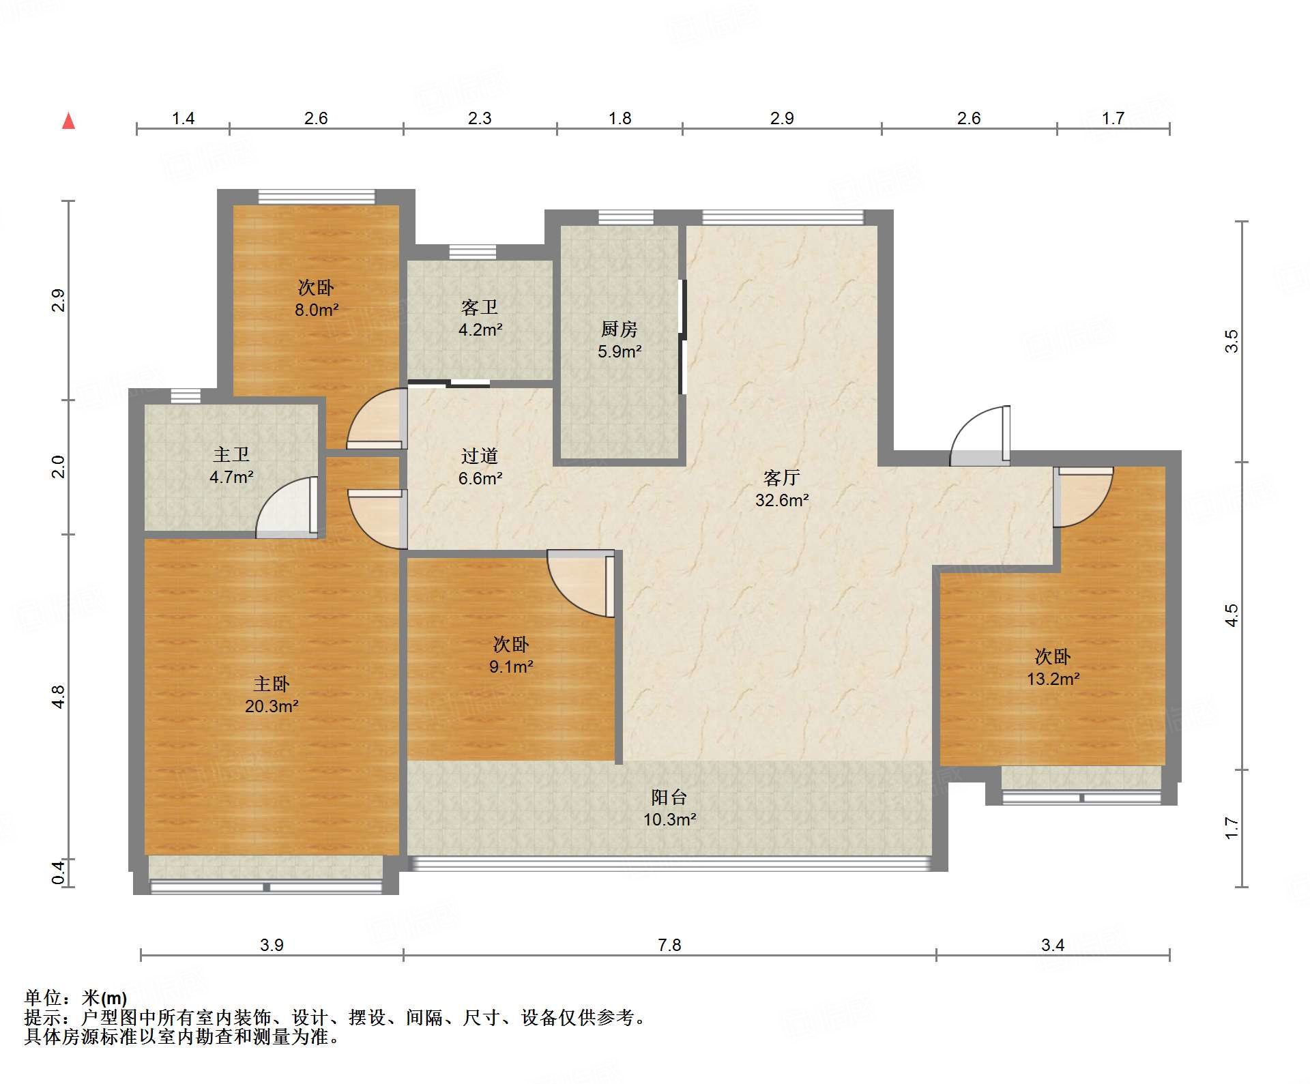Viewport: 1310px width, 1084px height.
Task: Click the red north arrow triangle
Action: coord(68,121)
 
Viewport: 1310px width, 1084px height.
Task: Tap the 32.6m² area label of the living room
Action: coord(782,500)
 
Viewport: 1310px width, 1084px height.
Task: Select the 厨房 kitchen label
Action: coord(619,329)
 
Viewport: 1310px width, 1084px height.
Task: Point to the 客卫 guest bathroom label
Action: coord(480,308)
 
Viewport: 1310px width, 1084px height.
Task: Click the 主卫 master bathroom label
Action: coord(231,454)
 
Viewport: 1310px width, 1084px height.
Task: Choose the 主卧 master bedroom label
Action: coord(272,684)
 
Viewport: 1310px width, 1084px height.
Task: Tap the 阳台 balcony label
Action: coord(669,797)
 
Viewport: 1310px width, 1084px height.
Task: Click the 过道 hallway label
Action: coord(480,456)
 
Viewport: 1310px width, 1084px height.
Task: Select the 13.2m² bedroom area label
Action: coord(1053,679)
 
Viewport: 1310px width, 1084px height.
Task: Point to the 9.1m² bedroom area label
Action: coord(511,666)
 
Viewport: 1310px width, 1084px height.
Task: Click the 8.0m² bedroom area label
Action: coord(317,310)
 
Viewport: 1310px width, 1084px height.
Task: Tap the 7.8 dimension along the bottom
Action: coord(669,945)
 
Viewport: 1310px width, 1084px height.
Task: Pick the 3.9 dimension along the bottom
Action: coord(272,945)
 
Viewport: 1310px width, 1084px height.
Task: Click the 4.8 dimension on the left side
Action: coord(58,697)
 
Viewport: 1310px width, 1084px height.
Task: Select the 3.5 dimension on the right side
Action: coord(1231,341)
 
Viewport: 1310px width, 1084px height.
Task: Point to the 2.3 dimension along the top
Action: coord(480,118)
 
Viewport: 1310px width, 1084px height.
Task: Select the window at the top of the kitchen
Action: coord(626,218)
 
